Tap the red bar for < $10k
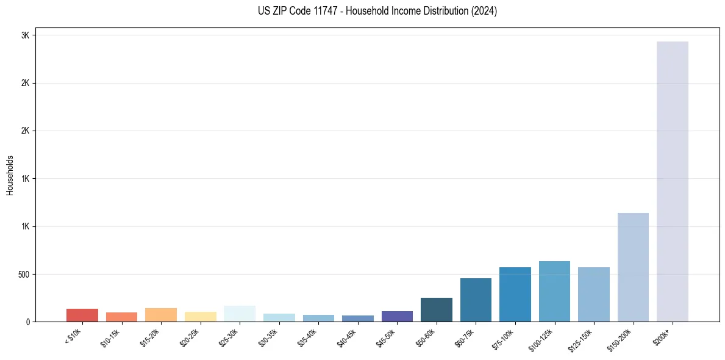[82, 315]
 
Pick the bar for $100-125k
[554, 292]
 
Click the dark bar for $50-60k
[437, 310]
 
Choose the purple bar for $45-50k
[397, 317]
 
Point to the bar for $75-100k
[515, 295]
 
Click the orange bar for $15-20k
[161, 315]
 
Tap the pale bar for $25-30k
[240, 314]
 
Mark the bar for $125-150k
[594, 295]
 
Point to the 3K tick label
[25, 35]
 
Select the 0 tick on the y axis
[28, 322]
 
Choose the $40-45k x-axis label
[348, 339]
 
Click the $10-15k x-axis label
[111, 339]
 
